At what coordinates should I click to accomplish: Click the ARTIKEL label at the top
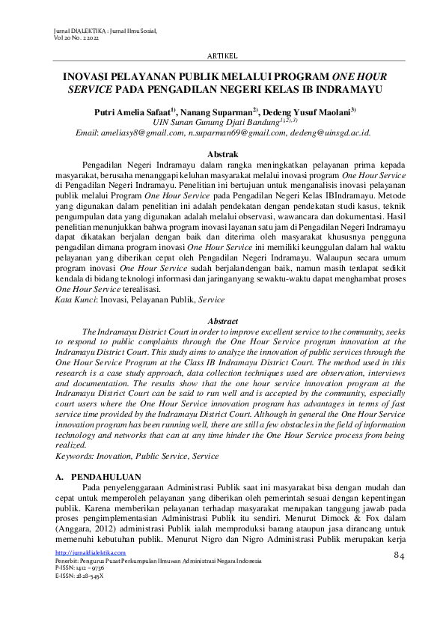point(222,56)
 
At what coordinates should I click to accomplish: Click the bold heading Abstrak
point(222,153)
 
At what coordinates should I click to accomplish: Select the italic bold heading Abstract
point(222,320)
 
